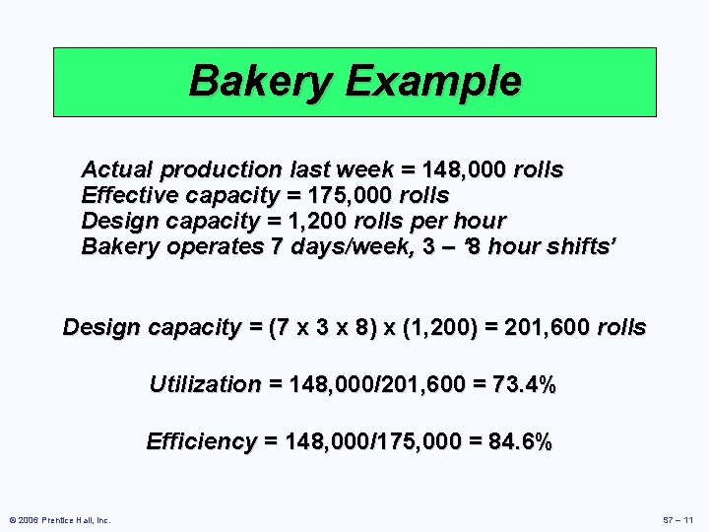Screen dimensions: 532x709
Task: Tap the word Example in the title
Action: click(433, 81)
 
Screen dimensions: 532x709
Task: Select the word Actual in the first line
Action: click(116, 169)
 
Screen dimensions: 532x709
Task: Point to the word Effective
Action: click(125, 195)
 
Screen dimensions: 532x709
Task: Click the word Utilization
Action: click(205, 384)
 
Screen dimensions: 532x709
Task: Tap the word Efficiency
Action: click(201, 441)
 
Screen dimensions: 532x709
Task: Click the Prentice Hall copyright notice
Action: click(60, 519)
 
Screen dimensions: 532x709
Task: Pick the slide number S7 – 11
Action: click(678, 519)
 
